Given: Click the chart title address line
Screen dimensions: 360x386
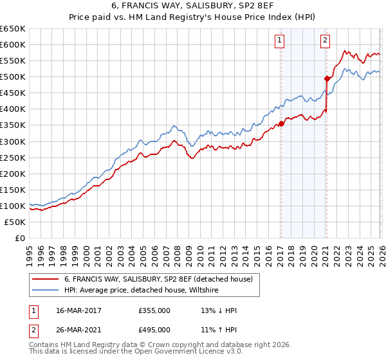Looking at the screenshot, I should pos(192,7).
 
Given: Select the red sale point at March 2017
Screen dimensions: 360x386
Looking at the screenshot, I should pos(281,123).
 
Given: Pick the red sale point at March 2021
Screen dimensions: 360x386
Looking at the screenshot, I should pos(327,79).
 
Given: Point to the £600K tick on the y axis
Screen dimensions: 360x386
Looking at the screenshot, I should pos(13,45).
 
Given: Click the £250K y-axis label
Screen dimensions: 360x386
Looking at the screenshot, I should pos(13,157).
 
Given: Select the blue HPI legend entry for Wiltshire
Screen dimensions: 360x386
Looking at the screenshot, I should pos(142,291).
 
